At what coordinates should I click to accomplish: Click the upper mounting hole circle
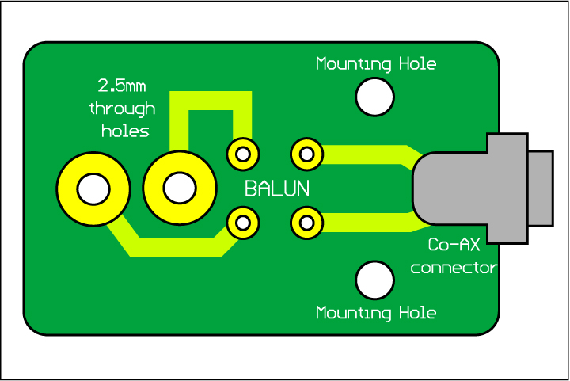(374, 97)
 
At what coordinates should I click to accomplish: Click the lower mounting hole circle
(374, 280)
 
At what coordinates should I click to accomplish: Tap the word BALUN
(277, 189)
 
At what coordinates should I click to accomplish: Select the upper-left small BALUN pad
(243, 153)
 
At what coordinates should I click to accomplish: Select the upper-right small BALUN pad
(306, 153)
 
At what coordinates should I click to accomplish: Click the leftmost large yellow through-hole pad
(93, 189)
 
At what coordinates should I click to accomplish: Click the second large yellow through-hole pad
(179, 189)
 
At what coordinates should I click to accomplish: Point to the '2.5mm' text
(122, 85)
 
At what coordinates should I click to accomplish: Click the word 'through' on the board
(122, 108)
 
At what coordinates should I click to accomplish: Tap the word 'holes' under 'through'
(125, 131)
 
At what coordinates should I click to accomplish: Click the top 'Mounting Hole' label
(376, 63)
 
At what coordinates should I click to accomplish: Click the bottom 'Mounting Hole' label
(376, 313)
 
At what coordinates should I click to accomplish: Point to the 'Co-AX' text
(454, 246)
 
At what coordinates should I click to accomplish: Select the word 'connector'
(454, 268)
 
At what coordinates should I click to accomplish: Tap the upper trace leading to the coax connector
(364, 154)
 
